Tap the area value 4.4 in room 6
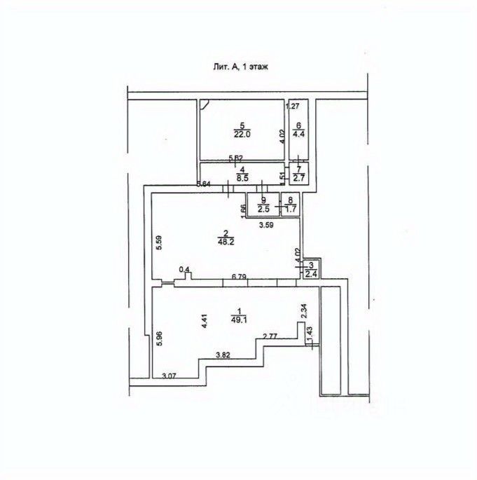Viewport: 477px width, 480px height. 298,132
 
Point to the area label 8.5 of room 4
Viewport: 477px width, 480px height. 242,177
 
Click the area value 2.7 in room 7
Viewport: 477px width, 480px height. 298,178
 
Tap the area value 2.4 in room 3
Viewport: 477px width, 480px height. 310,273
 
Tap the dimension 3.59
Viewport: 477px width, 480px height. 265,225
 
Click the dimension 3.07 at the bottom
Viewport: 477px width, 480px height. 169,377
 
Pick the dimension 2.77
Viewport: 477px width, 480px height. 271,337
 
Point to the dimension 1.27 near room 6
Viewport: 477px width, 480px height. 293,107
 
